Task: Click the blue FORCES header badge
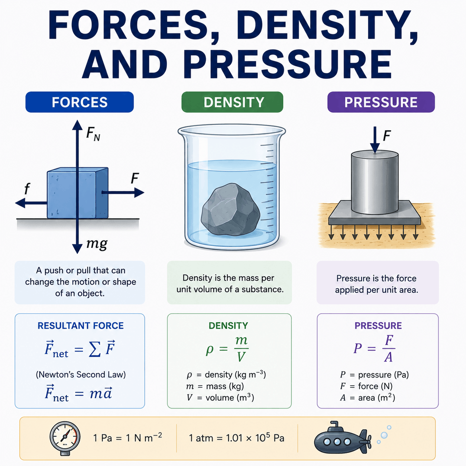[80, 102]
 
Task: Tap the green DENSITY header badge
[232, 102]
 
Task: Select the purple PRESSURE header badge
[381, 102]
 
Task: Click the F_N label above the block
[93, 135]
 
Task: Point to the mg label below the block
[97, 243]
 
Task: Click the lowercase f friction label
[27, 188]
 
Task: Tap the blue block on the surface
[77, 193]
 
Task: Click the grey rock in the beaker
[230, 210]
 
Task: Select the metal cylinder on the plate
[375, 182]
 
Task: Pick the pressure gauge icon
[65, 438]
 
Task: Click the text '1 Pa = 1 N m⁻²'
[127, 437]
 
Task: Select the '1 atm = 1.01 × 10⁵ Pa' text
[236, 438]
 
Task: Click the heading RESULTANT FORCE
[81, 326]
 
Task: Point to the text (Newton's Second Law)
[81, 375]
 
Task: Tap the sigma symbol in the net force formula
[94, 349]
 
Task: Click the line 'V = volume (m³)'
[220, 398]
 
